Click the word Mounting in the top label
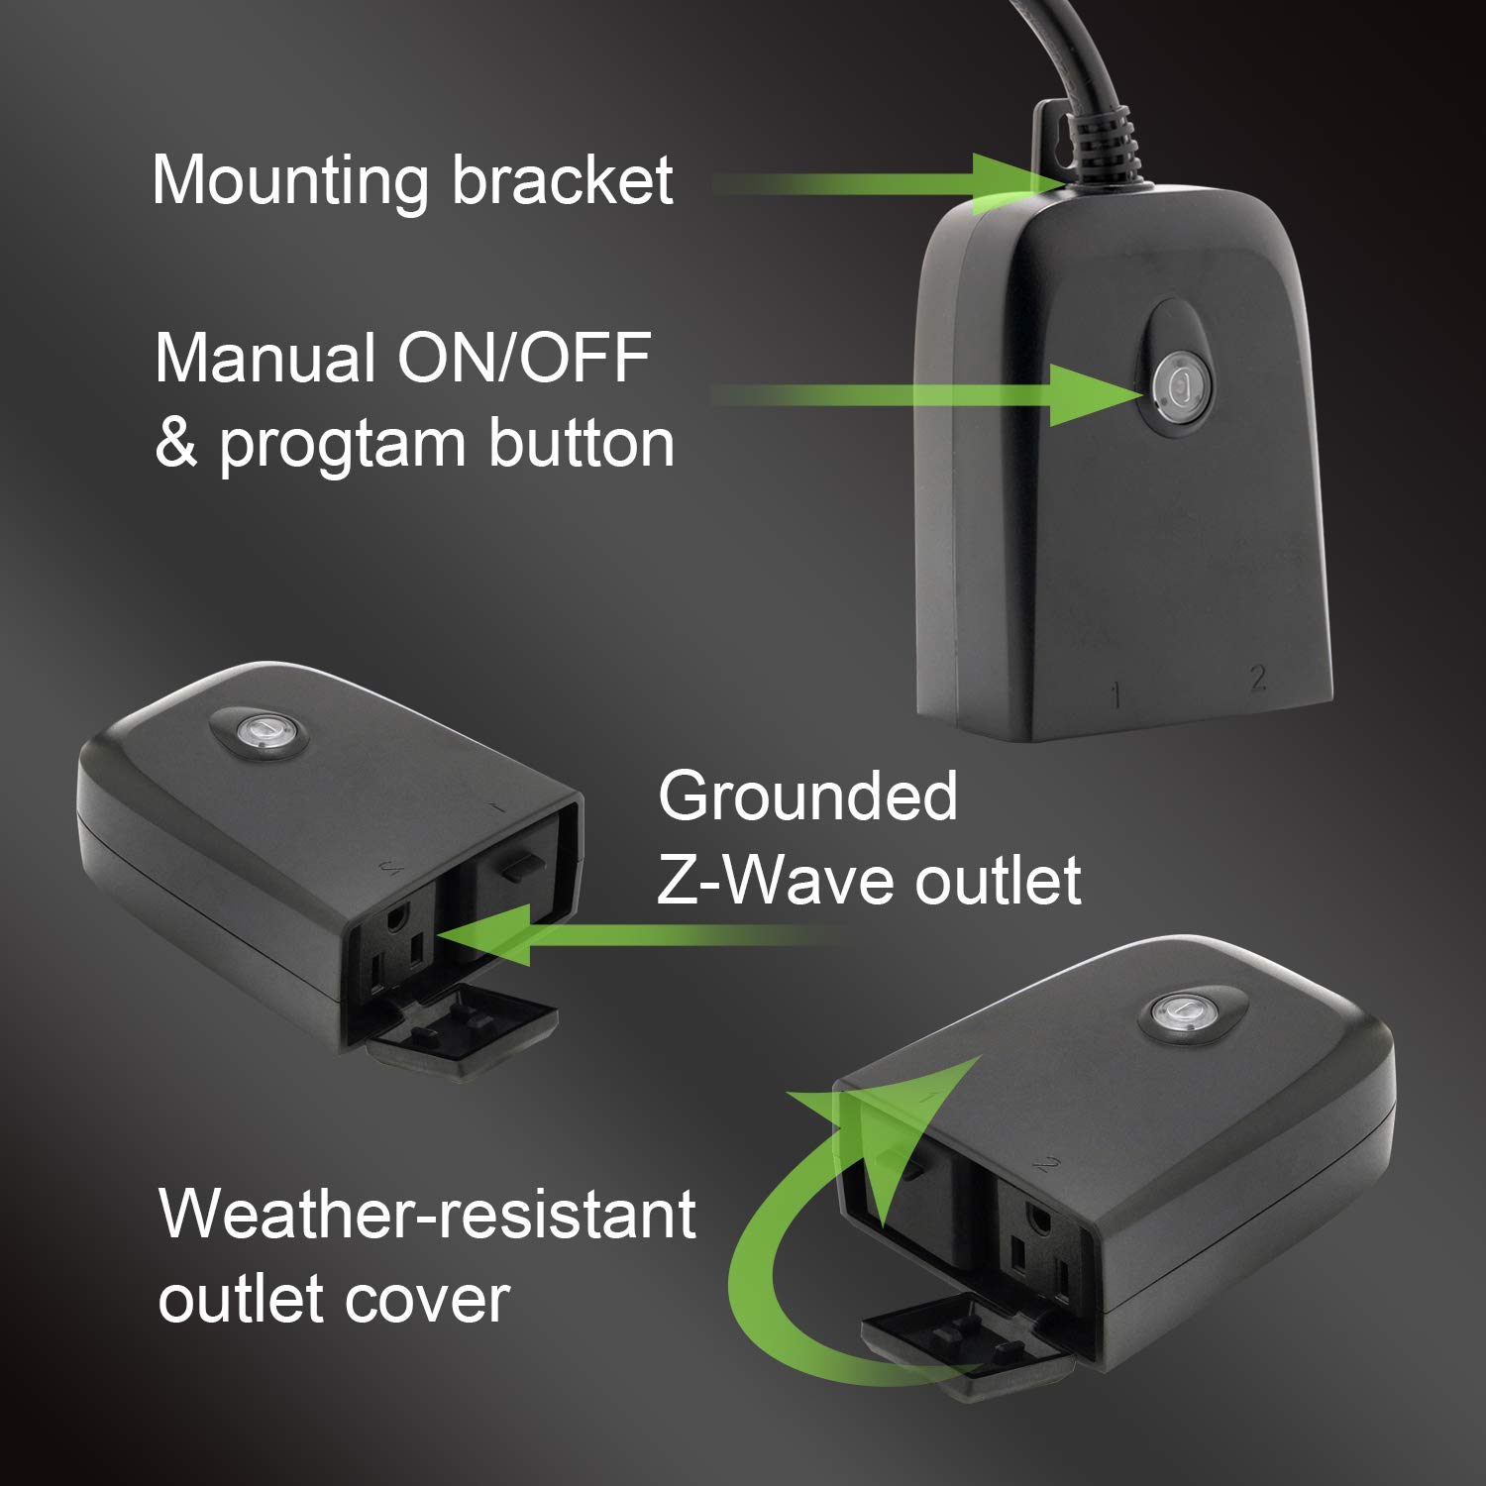288,181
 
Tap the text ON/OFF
524,358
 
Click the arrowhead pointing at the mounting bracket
1006,183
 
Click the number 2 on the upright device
1258,678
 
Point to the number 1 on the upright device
1116,695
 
